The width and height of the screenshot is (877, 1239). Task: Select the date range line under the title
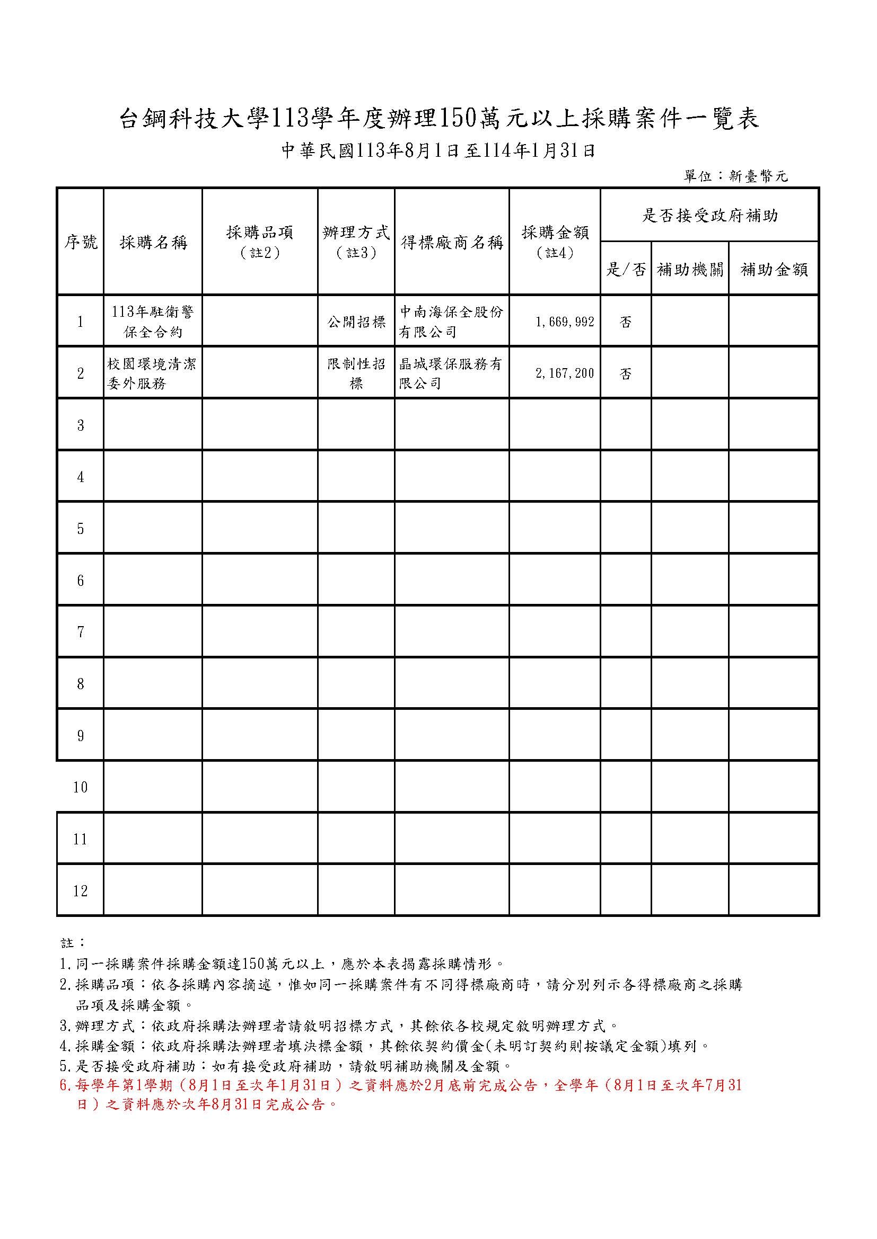point(438,151)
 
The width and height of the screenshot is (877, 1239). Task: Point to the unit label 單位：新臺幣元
point(735,176)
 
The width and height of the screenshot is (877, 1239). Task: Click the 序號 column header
point(81,242)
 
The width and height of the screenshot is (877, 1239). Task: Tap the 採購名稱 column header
point(153,242)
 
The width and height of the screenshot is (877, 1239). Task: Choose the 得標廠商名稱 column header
point(451,242)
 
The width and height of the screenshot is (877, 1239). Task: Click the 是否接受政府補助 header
point(709,216)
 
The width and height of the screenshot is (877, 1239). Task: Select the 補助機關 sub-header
point(690,269)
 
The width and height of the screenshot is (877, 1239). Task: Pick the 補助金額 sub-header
point(773,269)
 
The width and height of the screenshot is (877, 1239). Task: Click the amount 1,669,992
point(565,322)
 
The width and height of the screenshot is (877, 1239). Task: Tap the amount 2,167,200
point(565,373)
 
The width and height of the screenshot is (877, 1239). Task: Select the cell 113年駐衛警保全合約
point(153,322)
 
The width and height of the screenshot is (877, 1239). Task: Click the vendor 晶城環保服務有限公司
point(451,373)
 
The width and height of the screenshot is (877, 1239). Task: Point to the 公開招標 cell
point(356,322)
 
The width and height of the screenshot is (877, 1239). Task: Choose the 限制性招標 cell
point(356,373)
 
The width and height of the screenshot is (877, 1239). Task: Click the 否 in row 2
point(625,373)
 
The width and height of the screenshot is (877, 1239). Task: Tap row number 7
point(81,631)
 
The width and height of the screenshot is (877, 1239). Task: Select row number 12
point(81,890)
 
